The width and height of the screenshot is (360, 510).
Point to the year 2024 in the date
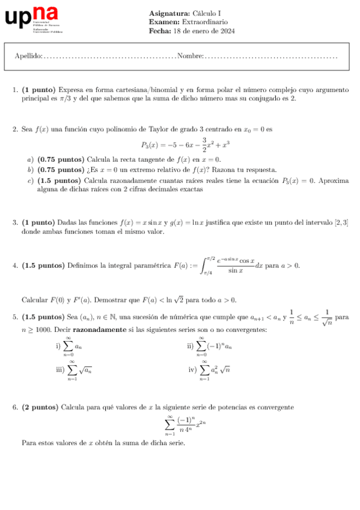227,31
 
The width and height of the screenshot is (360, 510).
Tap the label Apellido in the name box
28,56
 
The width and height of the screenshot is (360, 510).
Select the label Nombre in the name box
191,56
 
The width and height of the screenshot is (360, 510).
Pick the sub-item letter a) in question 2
30,160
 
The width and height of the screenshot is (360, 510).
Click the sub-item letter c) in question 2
30,180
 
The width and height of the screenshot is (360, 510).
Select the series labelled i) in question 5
70,346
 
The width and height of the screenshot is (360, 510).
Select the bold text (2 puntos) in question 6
40,407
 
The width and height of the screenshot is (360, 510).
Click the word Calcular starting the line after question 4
35,300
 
